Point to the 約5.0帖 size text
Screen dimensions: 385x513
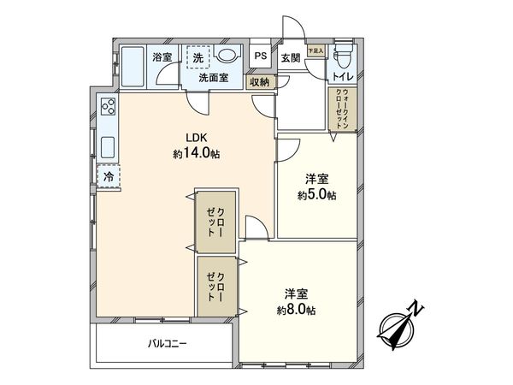[x=317, y=195]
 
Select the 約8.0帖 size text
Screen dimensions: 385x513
[x=296, y=308]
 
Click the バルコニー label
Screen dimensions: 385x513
[x=164, y=344]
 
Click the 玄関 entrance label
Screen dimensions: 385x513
[x=289, y=57]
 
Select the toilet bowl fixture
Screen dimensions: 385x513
[x=342, y=59]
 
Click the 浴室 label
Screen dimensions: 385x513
[x=162, y=57]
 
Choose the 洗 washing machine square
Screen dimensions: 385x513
[x=198, y=57]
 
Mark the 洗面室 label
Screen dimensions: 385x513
[x=213, y=77]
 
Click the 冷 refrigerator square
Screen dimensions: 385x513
[x=109, y=175]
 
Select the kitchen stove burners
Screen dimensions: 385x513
[x=109, y=108]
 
